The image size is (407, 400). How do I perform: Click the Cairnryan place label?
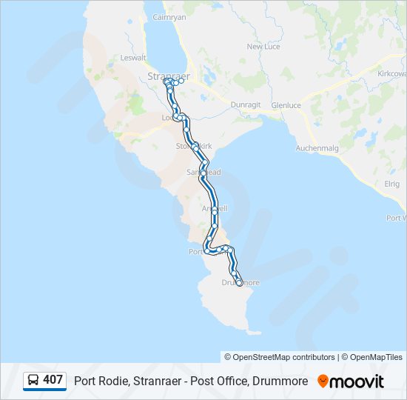(169, 16)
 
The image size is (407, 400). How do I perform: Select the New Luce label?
(263, 46)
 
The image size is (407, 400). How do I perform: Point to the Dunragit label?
(246, 105)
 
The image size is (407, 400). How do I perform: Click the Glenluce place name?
(286, 105)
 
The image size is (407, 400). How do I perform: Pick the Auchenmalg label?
(317, 148)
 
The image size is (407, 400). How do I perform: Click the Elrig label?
(391, 184)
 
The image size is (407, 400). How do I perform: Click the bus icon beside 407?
(34, 380)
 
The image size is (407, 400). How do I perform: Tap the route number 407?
(53, 380)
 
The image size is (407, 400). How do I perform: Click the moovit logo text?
(357, 381)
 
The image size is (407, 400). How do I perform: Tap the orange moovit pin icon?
(323, 381)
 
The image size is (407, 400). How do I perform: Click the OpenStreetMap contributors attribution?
(280, 357)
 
